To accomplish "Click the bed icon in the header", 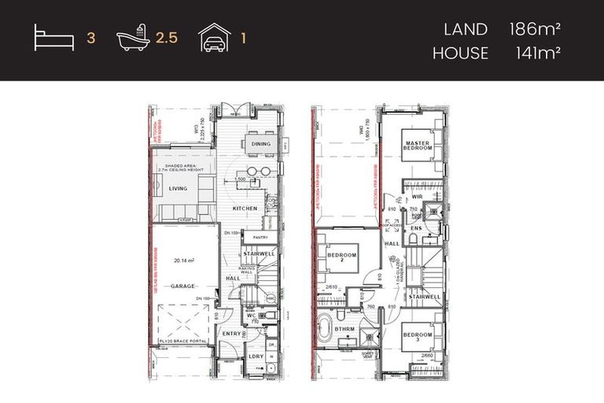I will [x=53, y=37].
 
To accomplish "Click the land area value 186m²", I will [x=539, y=30].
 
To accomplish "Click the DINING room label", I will [x=260, y=144].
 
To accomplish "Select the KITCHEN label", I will [x=245, y=208].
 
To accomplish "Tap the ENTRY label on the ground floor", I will [x=231, y=334].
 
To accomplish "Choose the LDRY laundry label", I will [x=256, y=356].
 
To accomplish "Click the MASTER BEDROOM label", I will [x=418, y=144].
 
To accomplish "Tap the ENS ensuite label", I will [x=416, y=229].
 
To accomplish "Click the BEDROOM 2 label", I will [x=343, y=258].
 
